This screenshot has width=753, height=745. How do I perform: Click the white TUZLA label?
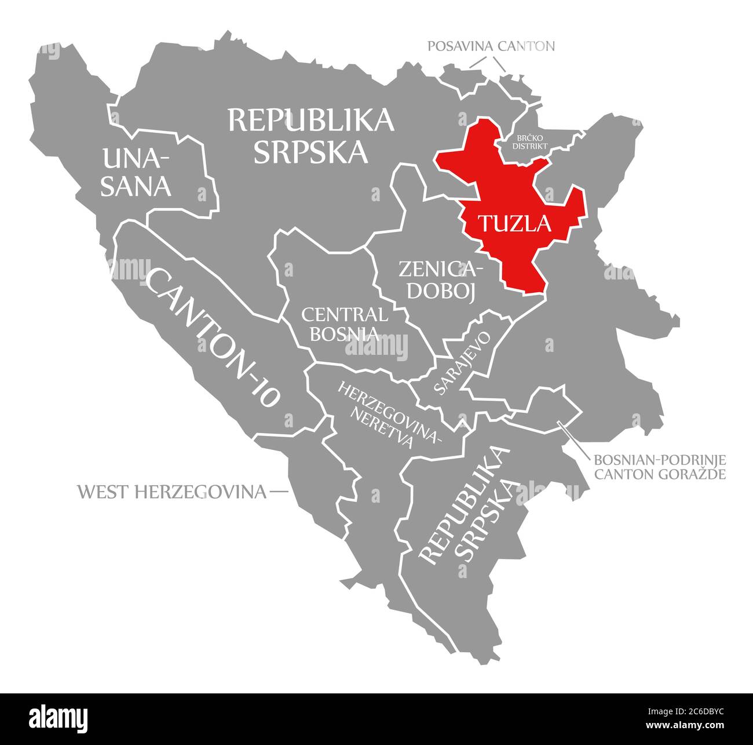[x=514, y=223]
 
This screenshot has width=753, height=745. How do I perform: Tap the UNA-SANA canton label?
[x=136, y=172]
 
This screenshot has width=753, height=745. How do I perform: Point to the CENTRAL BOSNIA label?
[x=345, y=324]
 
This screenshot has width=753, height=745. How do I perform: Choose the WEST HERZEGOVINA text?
[x=172, y=492]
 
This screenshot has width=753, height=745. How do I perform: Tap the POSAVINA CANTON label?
[x=491, y=46]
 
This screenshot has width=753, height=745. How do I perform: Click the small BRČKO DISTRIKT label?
[x=529, y=142]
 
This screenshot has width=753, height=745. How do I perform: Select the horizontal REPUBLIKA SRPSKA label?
[x=311, y=136]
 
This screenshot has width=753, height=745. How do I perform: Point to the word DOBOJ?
[x=441, y=291]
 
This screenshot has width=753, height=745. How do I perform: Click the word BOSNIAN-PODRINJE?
[x=660, y=460]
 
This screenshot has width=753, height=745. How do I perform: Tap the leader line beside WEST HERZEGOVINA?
[x=279, y=492]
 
